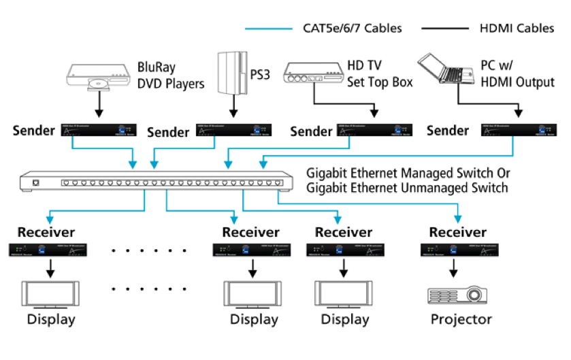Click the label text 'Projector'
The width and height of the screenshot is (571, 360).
point(461,320)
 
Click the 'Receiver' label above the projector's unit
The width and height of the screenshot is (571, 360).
point(458,233)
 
